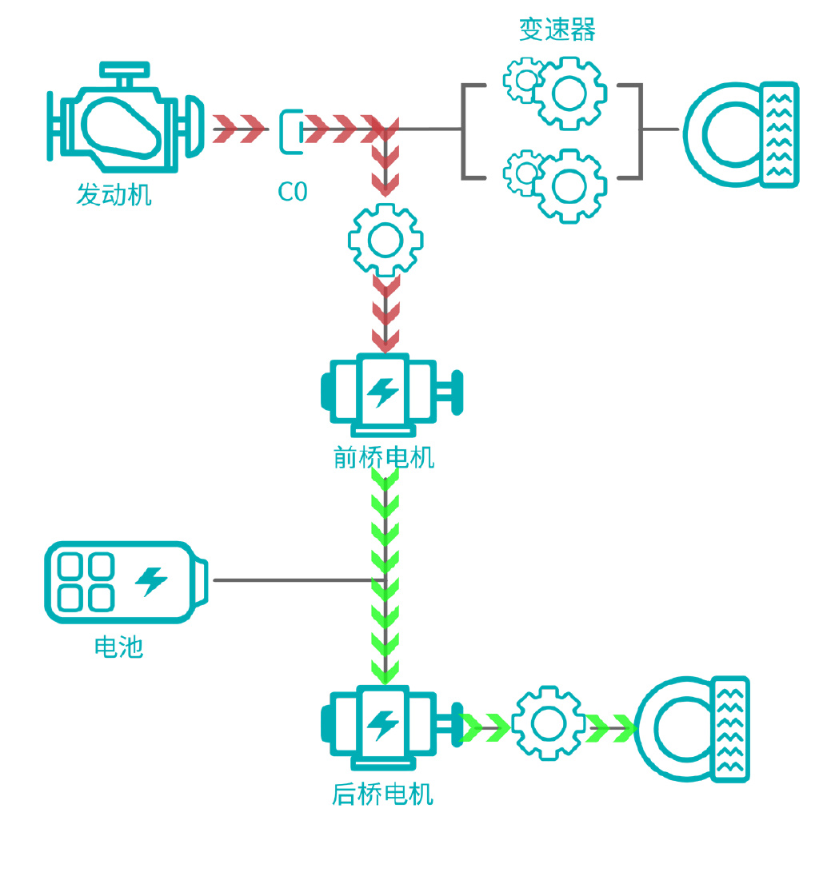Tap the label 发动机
tap(114, 194)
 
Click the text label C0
tap(292, 192)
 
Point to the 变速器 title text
tap(557, 30)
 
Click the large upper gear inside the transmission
tap(569, 93)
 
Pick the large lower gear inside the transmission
tap(569, 185)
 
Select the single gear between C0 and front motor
tap(386, 239)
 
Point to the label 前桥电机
tap(384, 458)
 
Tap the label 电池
tap(118, 647)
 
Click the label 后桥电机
tap(382, 794)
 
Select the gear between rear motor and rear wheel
tap(548, 723)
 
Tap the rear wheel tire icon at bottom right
tap(693, 728)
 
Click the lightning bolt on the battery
tap(151, 581)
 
